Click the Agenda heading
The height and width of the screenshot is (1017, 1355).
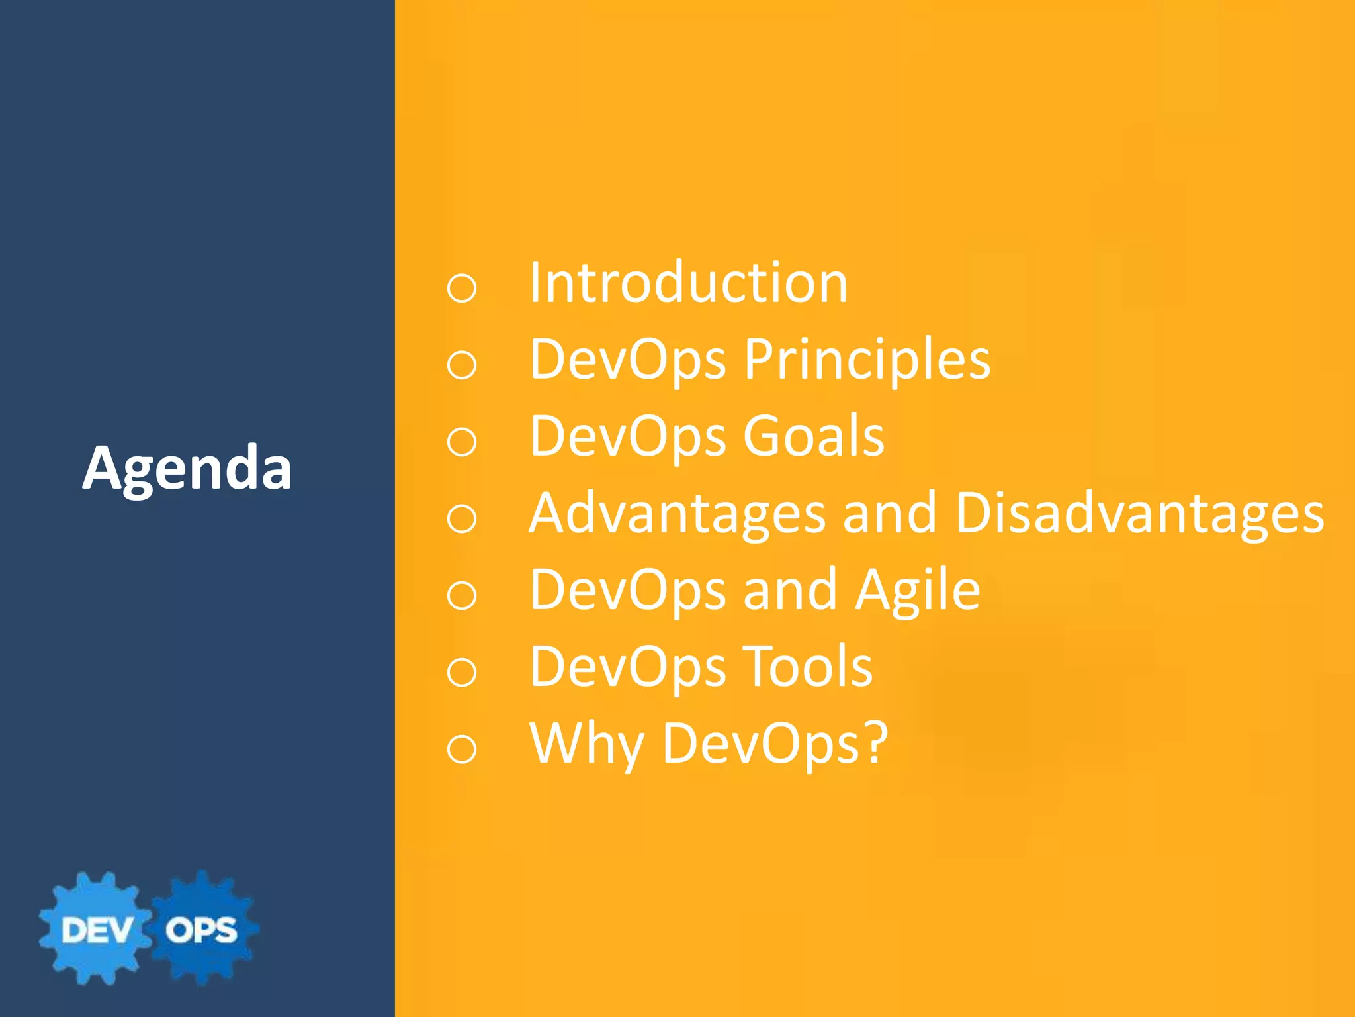click(187, 469)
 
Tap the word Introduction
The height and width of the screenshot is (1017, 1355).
click(688, 283)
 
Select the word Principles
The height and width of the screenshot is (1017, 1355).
click(867, 360)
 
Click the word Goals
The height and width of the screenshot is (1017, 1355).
click(813, 437)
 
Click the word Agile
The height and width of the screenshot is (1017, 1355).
click(917, 591)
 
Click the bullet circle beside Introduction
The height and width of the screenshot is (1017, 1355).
click(461, 289)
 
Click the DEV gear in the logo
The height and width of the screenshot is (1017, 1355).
click(96, 929)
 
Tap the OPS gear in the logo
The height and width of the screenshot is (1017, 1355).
click(201, 929)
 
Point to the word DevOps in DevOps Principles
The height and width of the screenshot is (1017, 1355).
click(627, 360)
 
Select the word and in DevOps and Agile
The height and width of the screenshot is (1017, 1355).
click(790, 591)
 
